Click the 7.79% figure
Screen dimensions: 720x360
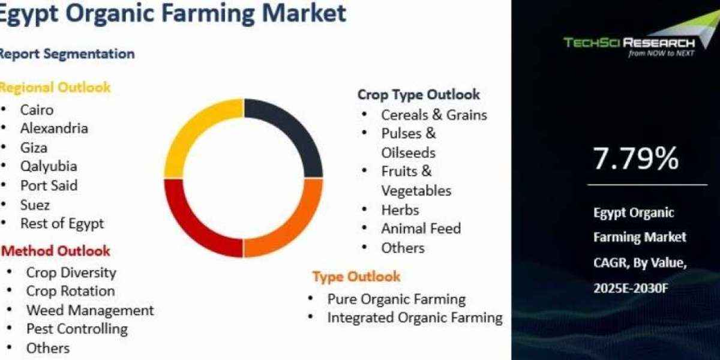(x=636, y=158)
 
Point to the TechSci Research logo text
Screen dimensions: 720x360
(x=629, y=43)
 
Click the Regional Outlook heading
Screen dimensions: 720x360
(x=55, y=88)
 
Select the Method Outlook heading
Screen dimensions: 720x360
(x=56, y=251)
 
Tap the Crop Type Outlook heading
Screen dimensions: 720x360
(x=419, y=95)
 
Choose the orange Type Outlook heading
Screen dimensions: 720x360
(x=356, y=277)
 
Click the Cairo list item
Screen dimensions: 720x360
(x=37, y=110)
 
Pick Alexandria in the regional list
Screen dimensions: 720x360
(x=54, y=128)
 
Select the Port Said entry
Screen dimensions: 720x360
(x=49, y=185)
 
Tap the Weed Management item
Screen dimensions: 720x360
(x=90, y=310)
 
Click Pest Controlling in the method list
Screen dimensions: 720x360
(x=77, y=329)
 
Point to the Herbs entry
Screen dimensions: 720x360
(x=400, y=210)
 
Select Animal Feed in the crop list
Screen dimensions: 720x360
(x=421, y=229)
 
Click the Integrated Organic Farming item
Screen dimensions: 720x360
(x=415, y=318)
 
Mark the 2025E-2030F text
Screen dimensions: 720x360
(x=631, y=289)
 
